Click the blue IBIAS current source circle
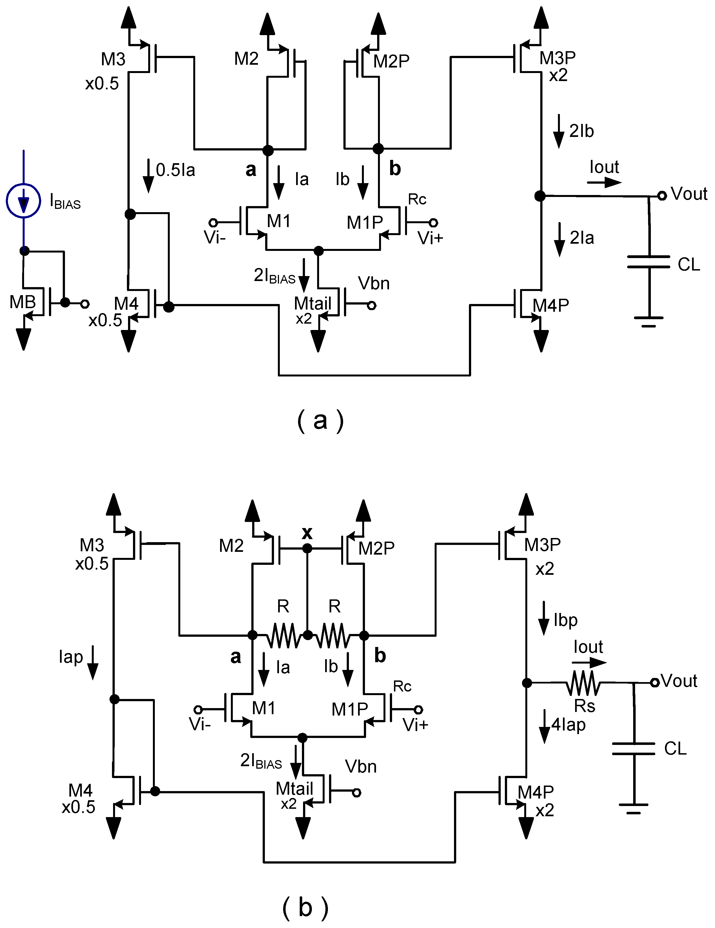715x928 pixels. click(24, 200)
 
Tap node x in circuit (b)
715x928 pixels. click(307, 549)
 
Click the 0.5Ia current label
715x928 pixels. click(175, 170)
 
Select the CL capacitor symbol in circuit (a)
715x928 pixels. click(648, 262)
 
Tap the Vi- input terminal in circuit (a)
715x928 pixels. click(213, 222)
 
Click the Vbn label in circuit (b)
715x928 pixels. click(361, 766)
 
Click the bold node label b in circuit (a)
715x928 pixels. click(395, 169)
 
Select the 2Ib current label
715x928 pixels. click(581, 131)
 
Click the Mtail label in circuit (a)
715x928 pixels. click(312, 304)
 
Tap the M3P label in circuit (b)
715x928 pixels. click(542, 545)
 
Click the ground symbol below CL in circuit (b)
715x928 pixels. click(633, 808)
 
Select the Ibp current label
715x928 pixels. click(565, 620)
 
